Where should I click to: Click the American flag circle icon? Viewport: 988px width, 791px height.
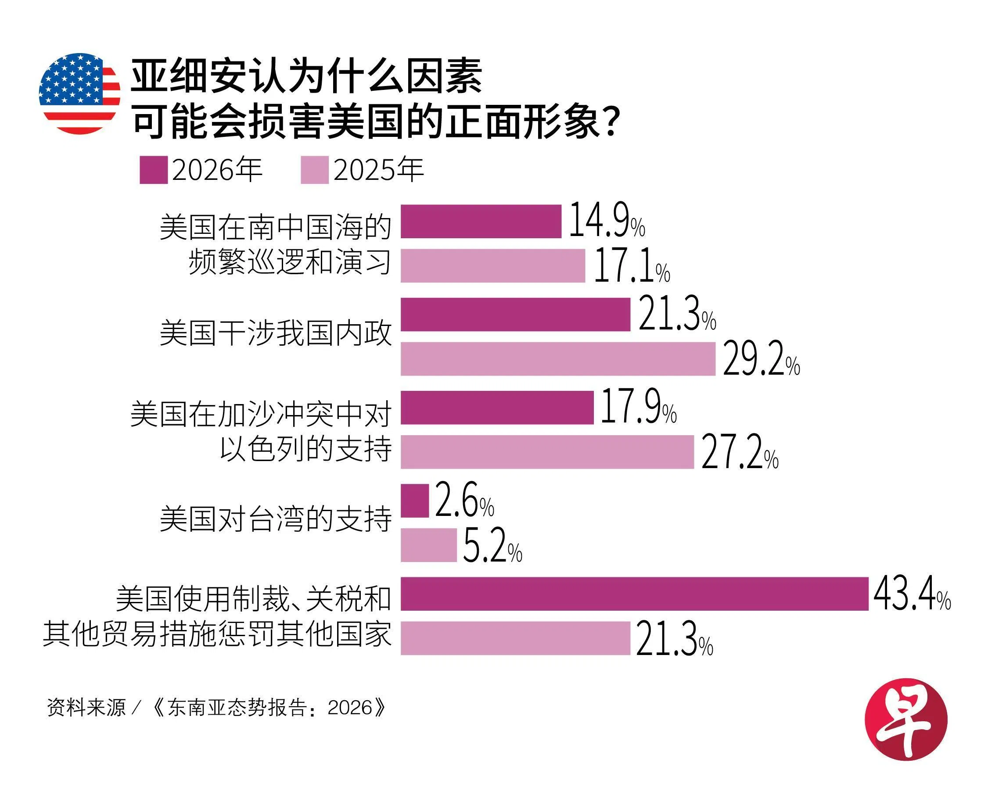click(79, 93)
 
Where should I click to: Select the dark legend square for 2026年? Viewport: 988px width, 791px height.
click(154, 170)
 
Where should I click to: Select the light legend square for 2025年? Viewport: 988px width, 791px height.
click(314, 170)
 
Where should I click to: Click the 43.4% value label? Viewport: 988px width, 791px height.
click(912, 594)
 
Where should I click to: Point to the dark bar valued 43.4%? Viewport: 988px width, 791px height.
click(634, 594)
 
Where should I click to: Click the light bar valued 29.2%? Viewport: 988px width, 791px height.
click(558, 358)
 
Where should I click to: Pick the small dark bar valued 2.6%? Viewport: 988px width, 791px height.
click(415, 501)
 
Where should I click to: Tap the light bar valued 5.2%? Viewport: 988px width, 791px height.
click(428, 545)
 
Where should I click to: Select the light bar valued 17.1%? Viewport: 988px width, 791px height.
click(492, 266)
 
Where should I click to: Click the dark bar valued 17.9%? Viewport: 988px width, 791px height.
click(497, 407)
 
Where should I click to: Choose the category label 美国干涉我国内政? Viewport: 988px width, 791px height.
click(275, 333)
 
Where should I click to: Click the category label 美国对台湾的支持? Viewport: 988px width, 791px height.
click(275, 519)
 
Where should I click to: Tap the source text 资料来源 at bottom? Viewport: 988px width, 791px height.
click(86, 708)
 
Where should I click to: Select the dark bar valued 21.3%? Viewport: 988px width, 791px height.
click(515, 314)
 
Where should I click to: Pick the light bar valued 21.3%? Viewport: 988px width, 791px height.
click(515, 638)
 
